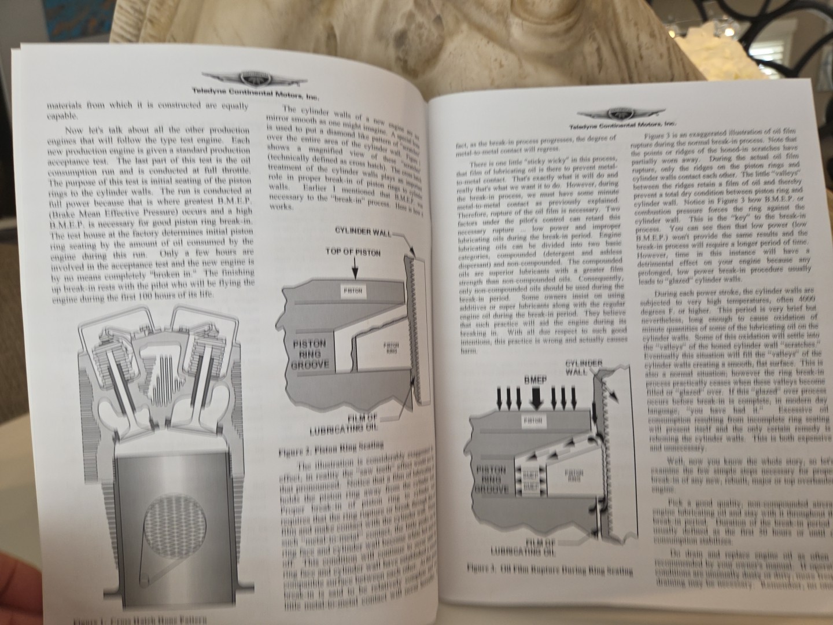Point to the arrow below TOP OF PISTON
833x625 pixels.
click(355, 269)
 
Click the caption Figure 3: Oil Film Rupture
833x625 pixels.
click(549, 570)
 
